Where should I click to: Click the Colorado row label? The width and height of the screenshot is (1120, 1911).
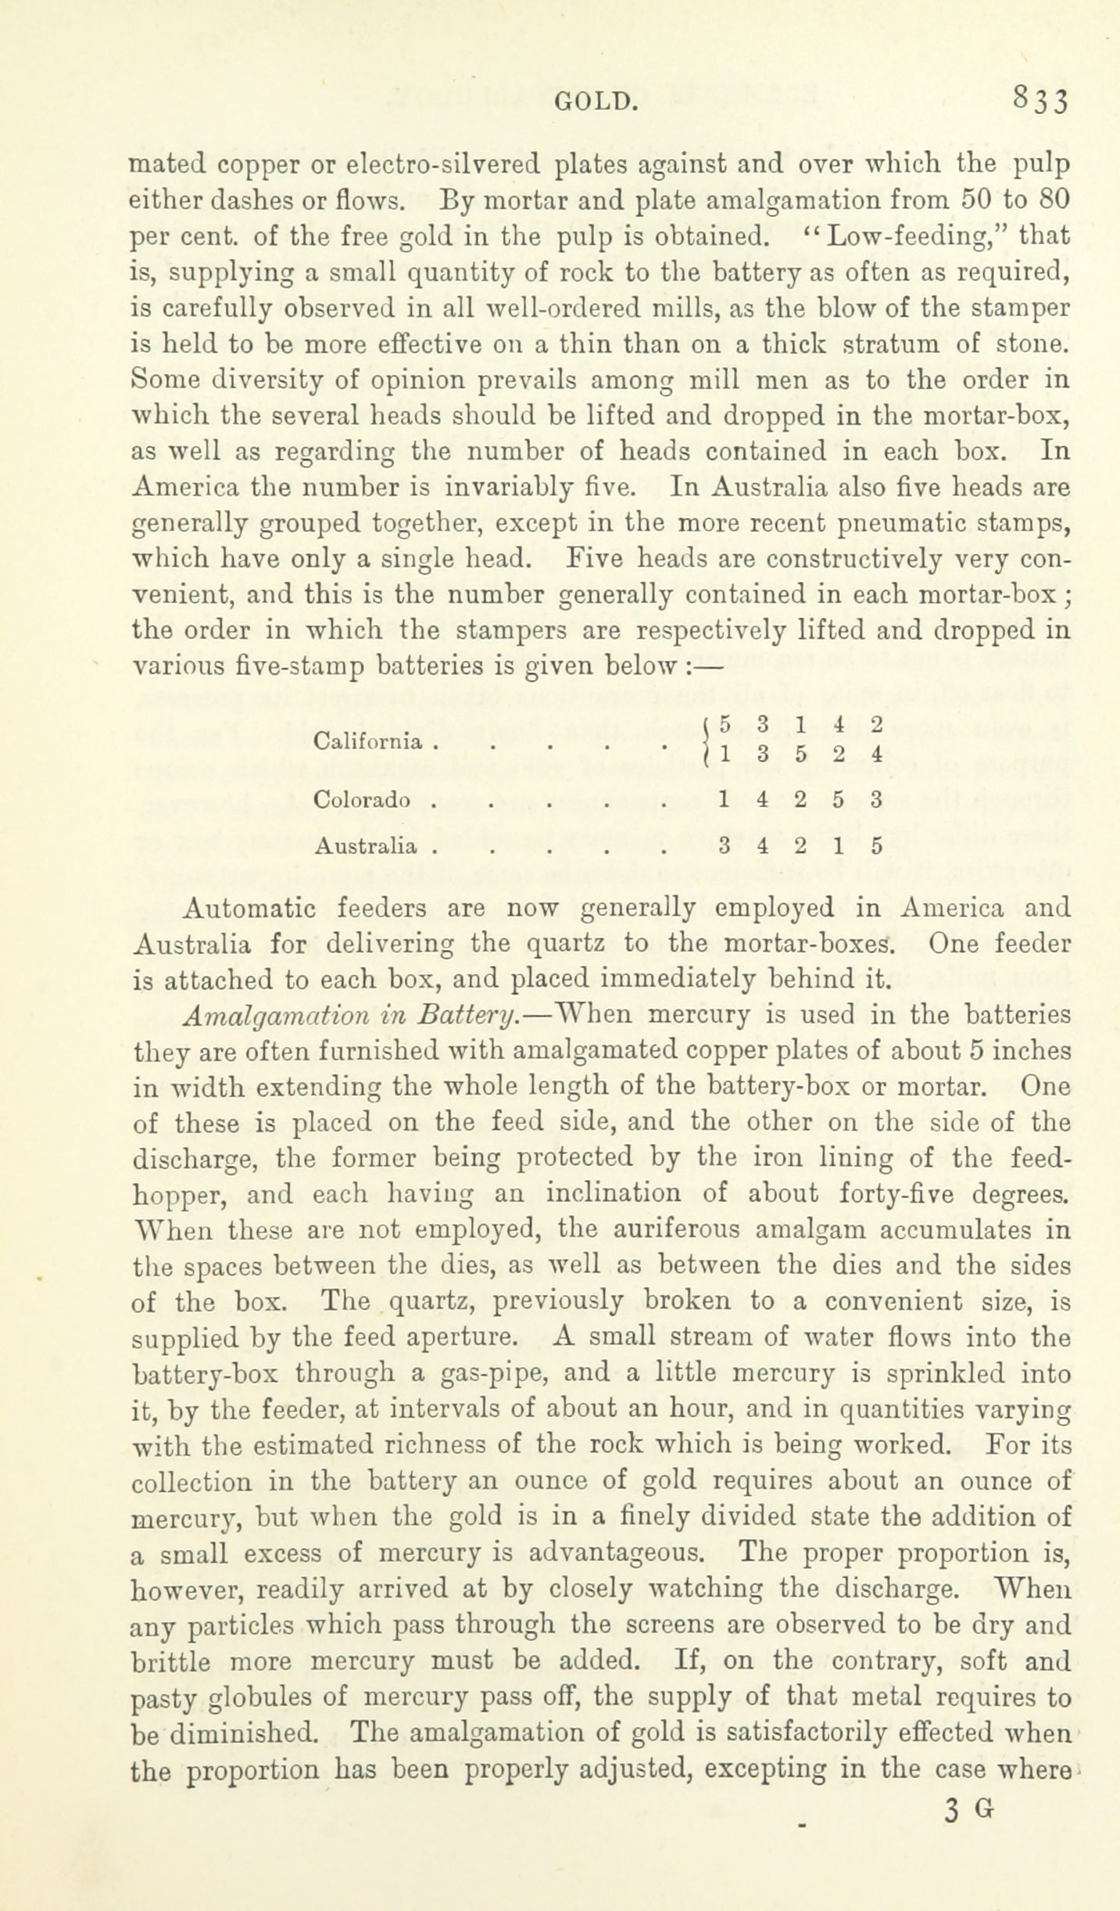pyautogui.click(x=361, y=800)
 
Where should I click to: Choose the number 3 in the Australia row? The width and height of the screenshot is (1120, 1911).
pyautogui.click(x=725, y=845)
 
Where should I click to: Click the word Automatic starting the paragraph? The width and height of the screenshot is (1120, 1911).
pyautogui.click(x=249, y=908)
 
